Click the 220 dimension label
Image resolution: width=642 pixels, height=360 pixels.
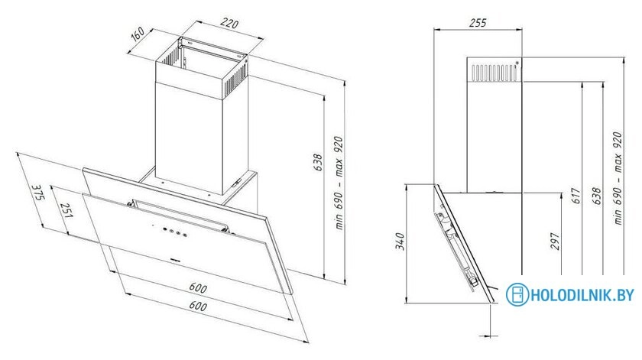(x=229, y=24)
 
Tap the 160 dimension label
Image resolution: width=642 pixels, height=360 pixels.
(x=138, y=34)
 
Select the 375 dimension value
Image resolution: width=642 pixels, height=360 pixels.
(x=37, y=192)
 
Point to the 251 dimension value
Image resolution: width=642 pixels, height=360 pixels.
(x=65, y=209)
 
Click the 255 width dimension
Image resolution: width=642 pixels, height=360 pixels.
(x=478, y=22)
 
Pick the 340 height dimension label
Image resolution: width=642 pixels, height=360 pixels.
(x=400, y=241)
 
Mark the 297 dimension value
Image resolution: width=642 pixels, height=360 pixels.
(x=554, y=241)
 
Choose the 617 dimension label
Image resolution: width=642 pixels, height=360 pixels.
(x=576, y=196)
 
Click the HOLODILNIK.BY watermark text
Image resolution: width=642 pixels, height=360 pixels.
(x=582, y=295)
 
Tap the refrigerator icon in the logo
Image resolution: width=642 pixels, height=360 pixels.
(x=517, y=294)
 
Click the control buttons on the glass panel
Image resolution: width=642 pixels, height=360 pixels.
(x=174, y=232)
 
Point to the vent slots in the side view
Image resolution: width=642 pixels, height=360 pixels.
(x=494, y=73)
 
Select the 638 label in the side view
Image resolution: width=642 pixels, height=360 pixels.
(x=596, y=196)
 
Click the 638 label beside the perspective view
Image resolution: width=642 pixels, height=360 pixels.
(x=318, y=162)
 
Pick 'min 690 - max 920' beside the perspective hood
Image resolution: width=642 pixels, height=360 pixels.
(x=339, y=183)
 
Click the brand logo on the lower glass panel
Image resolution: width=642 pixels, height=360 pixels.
(x=177, y=260)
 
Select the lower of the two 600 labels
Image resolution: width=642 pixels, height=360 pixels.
(x=198, y=306)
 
